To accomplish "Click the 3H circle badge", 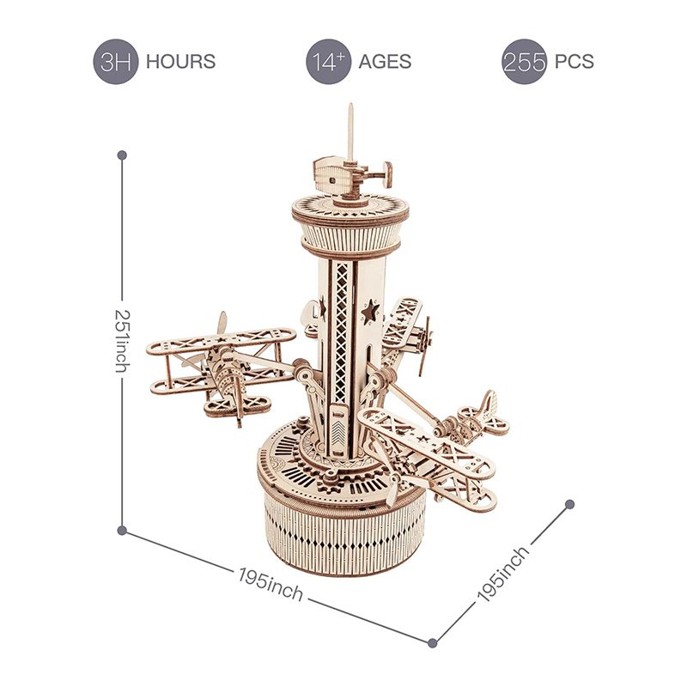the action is tap(116, 62).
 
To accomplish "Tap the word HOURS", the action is tap(180, 62).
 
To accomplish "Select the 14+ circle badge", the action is tap(329, 62).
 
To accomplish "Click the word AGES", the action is tap(385, 62).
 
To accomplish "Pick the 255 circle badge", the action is tap(524, 62).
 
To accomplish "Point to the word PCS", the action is tap(574, 62).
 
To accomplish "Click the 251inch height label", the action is tap(123, 341).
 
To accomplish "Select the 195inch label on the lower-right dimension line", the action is tap(503, 574).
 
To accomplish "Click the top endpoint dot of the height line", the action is tap(122, 155).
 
